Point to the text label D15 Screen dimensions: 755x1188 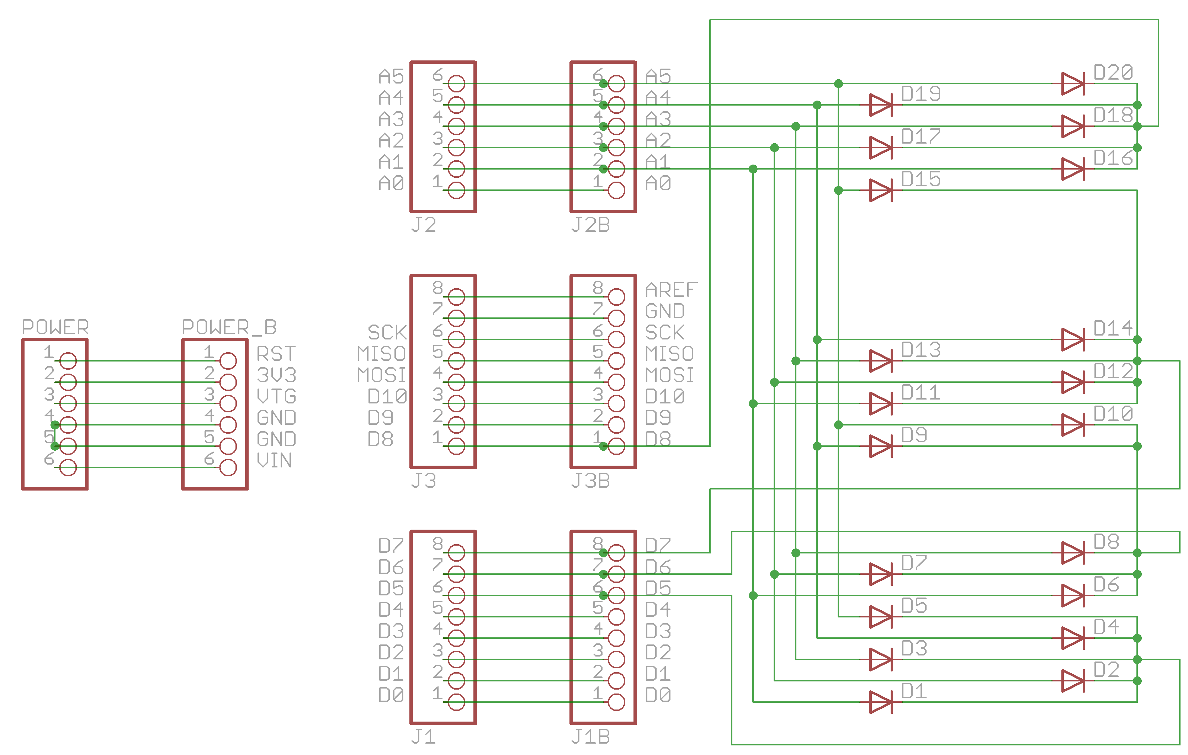(921, 179)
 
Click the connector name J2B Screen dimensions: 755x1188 (590, 225)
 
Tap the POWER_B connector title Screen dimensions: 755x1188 (229, 327)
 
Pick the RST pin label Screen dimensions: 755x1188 (276, 354)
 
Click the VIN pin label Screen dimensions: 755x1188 (274, 460)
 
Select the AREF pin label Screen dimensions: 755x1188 (671, 289)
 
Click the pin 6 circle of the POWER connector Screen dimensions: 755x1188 (68, 467)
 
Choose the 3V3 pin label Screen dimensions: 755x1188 (276, 375)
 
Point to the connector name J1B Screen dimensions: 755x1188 (590, 737)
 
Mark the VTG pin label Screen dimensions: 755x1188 (276, 396)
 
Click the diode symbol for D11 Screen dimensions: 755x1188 (881, 403)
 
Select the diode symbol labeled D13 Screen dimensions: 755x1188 (881, 361)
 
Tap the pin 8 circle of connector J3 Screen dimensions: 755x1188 (456, 297)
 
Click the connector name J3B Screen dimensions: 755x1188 (590, 480)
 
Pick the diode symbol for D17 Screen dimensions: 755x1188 (881, 148)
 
